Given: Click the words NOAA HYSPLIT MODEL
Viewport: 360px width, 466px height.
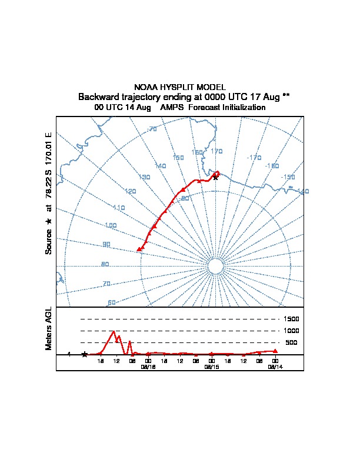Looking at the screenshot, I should coord(179,86).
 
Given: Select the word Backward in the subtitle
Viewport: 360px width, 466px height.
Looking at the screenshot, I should coord(98,96).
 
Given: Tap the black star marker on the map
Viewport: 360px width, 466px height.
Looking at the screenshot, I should coord(215,177).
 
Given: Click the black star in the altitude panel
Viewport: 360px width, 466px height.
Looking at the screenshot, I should coord(85,354).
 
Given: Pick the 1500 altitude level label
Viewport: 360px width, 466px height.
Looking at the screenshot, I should coord(291,319).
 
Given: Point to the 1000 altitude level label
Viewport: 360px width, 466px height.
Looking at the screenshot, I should coord(291,331).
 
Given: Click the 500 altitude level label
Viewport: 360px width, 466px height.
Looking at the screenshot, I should coord(291,342).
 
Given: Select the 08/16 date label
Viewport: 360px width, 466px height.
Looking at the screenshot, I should coord(148,366).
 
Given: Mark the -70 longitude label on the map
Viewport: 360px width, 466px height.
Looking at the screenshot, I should coord(152,129).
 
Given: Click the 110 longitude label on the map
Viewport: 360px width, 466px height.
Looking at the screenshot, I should coord(119,208).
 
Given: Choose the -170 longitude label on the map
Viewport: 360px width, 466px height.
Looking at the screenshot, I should coord(254,158).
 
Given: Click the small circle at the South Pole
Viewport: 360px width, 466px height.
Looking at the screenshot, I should coord(215,267).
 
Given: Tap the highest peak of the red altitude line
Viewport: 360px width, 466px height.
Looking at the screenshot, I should coord(113,331).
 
